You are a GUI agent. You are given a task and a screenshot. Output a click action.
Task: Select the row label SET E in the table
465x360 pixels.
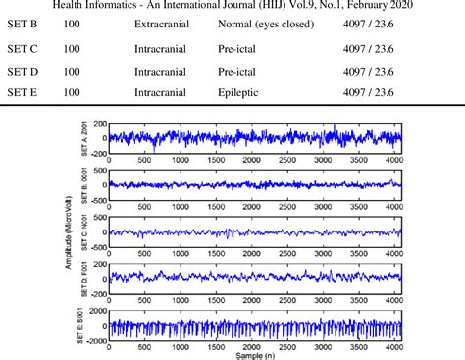(24, 92)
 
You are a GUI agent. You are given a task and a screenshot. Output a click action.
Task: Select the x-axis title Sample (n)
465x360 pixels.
(253, 355)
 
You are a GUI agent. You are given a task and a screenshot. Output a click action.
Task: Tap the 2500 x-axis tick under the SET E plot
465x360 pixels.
(286, 346)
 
